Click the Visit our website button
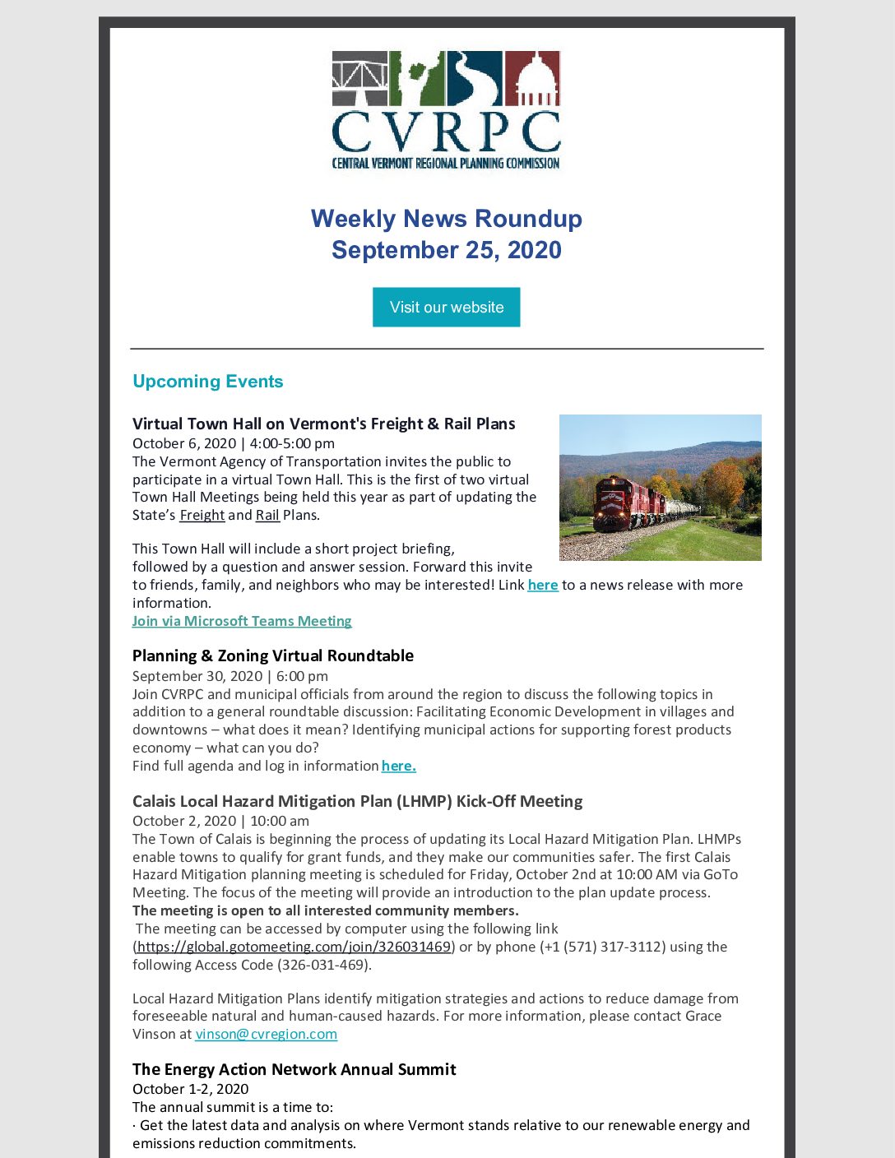[x=446, y=307]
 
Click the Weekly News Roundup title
[x=446, y=219]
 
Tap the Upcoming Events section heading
[x=207, y=382]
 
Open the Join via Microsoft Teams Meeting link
[x=242, y=621]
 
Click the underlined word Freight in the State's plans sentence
[x=202, y=516]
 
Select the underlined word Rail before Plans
[x=267, y=516]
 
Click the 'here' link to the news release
[x=542, y=585]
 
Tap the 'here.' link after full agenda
[x=398, y=766]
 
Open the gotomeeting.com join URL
[x=294, y=947]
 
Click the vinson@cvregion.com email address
[x=266, y=1034]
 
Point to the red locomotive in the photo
[x=613, y=503]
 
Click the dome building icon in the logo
[x=532, y=79]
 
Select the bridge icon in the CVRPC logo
[x=359, y=79]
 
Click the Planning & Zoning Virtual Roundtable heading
[x=272, y=655]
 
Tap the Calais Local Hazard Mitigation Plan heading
[x=357, y=801]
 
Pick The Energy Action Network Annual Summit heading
[x=294, y=1069]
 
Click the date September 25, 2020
[x=446, y=250]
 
